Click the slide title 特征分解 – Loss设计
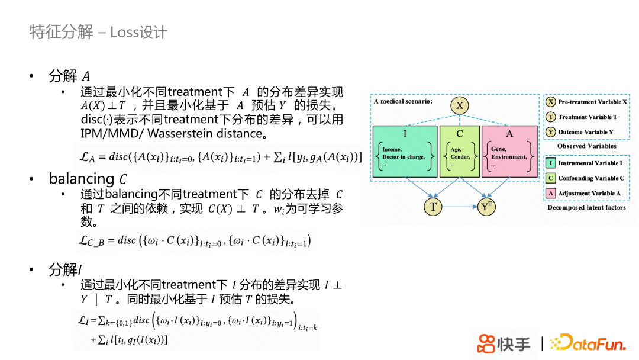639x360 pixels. click(98, 32)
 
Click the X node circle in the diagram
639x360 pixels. click(460, 106)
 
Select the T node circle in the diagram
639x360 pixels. click(433, 207)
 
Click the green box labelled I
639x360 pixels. click(405, 152)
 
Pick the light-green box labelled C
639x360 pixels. click(460, 152)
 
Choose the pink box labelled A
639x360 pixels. click(509, 152)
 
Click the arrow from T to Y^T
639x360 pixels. click(460, 207)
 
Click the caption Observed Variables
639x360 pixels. click(586, 146)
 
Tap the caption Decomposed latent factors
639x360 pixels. click(586, 208)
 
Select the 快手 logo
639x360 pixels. click(504, 343)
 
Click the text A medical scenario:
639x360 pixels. click(403, 101)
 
